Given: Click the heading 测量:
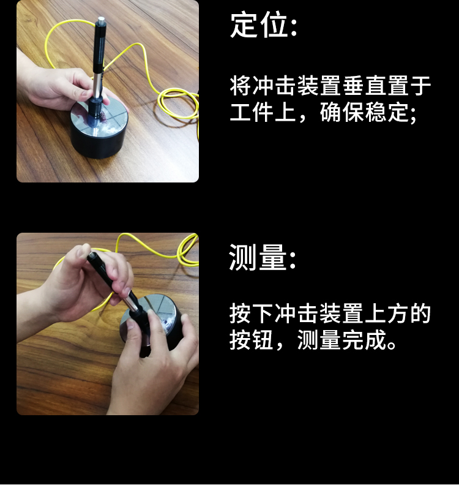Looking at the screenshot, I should pos(262,257).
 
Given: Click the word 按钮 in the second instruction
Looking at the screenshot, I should pos(252,340).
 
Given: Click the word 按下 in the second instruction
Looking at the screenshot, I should pos(252,314).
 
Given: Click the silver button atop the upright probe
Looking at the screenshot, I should pos(99,23).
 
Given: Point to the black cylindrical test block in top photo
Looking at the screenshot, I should pos(98,141).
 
